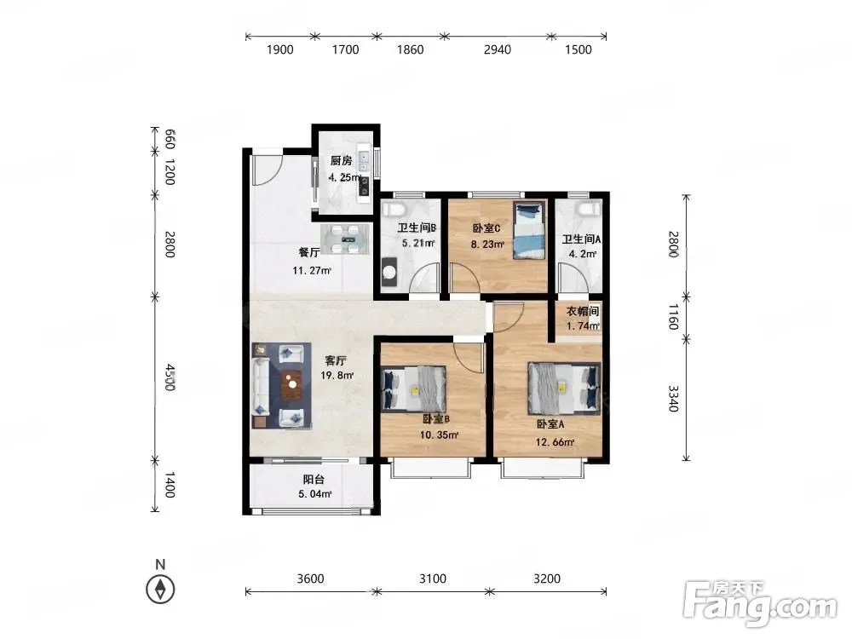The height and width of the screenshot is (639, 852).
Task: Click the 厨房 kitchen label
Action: coord(342,161)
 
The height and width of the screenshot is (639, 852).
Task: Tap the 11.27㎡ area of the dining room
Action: coord(312,270)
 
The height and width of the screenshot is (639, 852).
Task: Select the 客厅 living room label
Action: coord(336,360)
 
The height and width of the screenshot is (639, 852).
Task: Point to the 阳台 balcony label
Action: coord(314,479)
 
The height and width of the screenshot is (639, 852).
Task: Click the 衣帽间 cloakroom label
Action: coord(583,311)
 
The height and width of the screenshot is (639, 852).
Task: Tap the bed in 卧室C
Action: coord(530,230)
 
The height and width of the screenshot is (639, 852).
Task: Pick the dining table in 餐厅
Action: coord(345,239)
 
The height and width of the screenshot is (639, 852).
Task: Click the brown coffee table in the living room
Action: coord(292,384)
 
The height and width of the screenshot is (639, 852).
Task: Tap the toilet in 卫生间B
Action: coord(392,210)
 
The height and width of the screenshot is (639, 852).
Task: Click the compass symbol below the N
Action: coord(160,589)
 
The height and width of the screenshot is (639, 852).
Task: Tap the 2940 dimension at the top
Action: coord(498,49)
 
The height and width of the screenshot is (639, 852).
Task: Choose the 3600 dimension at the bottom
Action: coord(310,579)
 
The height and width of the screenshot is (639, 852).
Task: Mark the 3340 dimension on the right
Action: coord(673,399)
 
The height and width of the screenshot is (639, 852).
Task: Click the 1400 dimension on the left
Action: coord(170,486)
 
